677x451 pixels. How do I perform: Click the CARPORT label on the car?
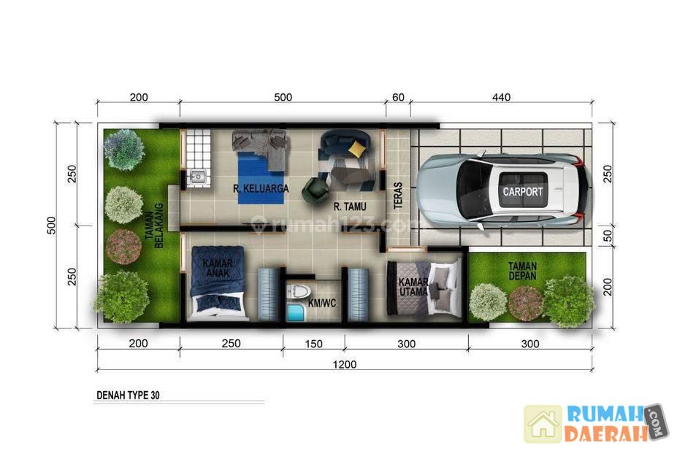click(x=522, y=191)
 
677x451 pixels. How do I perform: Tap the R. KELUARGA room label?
click(x=261, y=188)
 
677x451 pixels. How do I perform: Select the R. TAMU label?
click(x=350, y=207)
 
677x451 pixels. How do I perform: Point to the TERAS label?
click(x=398, y=196)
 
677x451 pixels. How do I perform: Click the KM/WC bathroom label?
click(x=321, y=303)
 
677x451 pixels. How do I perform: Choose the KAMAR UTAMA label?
click(x=413, y=287)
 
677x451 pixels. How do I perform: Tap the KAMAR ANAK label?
click(x=218, y=268)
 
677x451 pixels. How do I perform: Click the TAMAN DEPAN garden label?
click(x=522, y=271)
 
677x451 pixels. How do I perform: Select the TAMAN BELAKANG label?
click(x=154, y=225)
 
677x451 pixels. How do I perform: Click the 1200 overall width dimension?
click(x=345, y=365)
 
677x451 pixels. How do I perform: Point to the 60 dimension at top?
click(x=398, y=97)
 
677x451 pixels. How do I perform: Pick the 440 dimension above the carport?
click(x=501, y=97)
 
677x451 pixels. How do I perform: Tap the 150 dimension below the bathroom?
click(x=313, y=344)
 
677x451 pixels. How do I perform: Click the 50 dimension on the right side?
click(x=608, y=236)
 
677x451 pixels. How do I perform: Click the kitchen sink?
click(x=198, y=177)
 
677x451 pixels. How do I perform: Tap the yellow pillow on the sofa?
click(x=356, y=148)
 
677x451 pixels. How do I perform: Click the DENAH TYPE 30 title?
click(x=128, y=395)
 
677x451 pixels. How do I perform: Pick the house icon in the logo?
click(x=543, y=424)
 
